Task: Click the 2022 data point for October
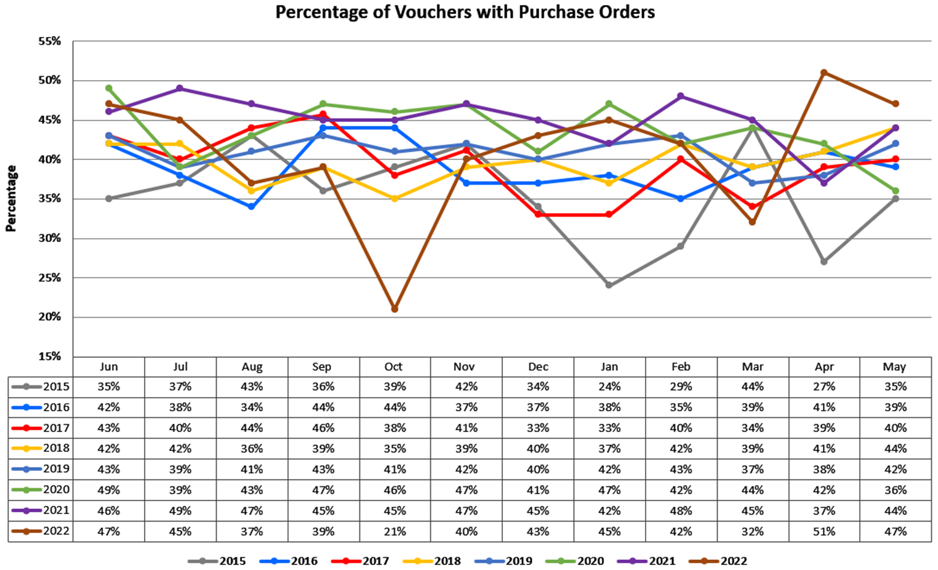pos(395,309)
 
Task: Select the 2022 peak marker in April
pos(824,73)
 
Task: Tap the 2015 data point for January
pos(609,285)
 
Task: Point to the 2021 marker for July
pos(180,89)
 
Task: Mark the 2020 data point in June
pos(109,89)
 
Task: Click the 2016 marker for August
pos(252,207)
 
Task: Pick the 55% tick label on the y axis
pos(50,41)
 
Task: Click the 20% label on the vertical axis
pos(50,317)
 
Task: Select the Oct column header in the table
pos(394,367)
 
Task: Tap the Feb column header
pos(681,367)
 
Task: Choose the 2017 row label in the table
pos(56,428)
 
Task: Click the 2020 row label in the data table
pos(56,490)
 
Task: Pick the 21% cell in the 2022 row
pos(395,531)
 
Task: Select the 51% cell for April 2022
pos(824,531)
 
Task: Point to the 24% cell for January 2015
pos(609,387)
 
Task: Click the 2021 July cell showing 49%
pos(180,510)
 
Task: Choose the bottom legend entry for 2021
pos(662,561)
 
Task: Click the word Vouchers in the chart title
pos(424,12)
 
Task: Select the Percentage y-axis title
pos(11,198)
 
